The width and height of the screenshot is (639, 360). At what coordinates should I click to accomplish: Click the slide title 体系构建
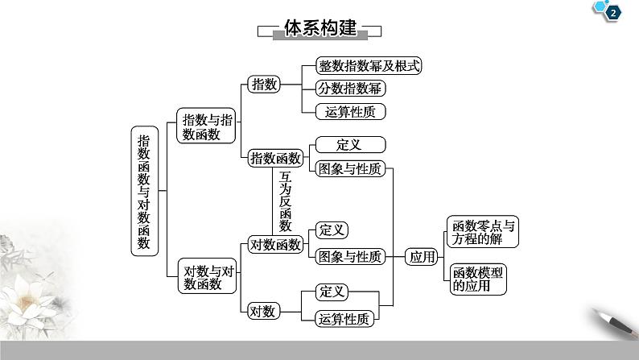(x=319, y=29)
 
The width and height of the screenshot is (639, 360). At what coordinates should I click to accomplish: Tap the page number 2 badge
(x=614, y=11)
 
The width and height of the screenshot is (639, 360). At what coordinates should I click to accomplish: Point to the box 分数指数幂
(x=349, y=89)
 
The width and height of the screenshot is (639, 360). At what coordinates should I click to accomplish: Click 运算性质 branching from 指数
(x=344, y=111)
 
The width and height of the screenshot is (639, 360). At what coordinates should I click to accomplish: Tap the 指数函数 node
(x=275, y=158)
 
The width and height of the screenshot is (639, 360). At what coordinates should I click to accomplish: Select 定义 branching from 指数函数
(x=348, y=145)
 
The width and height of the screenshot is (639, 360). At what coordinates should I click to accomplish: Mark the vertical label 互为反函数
(x=285, y=201)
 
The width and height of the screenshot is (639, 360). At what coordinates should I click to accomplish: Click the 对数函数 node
(x=275, y=244)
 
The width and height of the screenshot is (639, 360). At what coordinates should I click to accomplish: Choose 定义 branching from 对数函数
(x=332, y=230)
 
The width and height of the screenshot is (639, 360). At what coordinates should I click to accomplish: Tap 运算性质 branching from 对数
(x=344, y=318)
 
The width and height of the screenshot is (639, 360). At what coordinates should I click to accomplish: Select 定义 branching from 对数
(x=332, y=292)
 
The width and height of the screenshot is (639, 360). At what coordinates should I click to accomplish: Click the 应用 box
(x=423, y=257)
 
